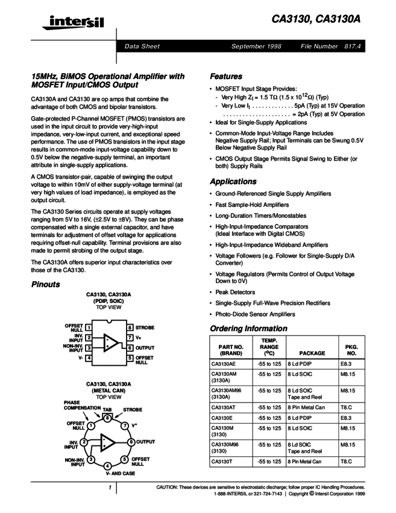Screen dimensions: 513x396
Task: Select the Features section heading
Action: point(226,77)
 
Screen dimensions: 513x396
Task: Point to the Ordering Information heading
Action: point(248,328)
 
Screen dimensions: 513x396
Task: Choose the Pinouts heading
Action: point(46,284)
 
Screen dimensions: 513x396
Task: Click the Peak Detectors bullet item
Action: point(235,292)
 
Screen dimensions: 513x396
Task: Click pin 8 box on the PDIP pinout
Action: point(130,328)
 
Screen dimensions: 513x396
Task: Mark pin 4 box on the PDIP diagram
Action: point(88,358)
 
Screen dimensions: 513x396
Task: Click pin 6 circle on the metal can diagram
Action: point(131,442)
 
